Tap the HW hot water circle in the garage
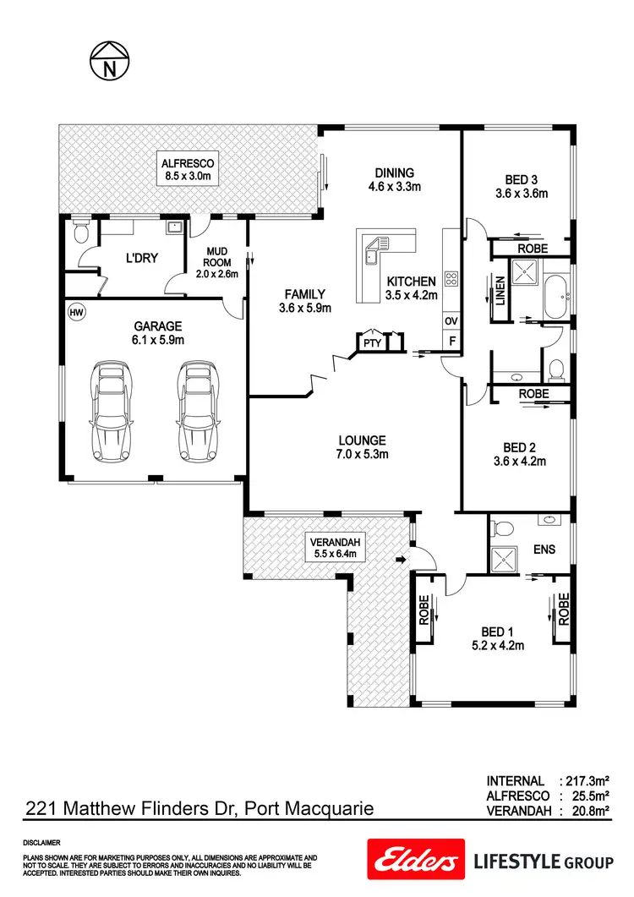point(77,312)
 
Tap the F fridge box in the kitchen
point(451,342)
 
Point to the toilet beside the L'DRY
point(81,232)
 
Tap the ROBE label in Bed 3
point(533,249)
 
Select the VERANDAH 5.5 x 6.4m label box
point(333,549)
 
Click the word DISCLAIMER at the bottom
point(41,843)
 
